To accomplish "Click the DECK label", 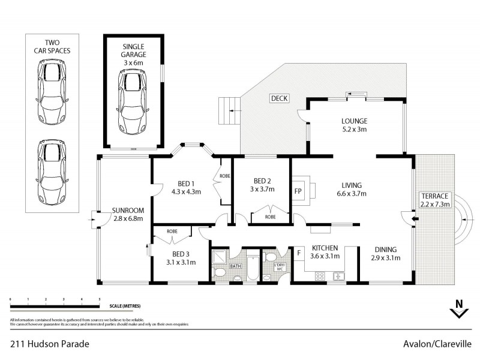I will click(278, 98).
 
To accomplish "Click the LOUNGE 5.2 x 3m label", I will click(354, 125).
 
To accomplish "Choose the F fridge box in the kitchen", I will click(298, 253).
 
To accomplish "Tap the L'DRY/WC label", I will click(278, 268).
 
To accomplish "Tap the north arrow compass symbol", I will click(459, 310).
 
